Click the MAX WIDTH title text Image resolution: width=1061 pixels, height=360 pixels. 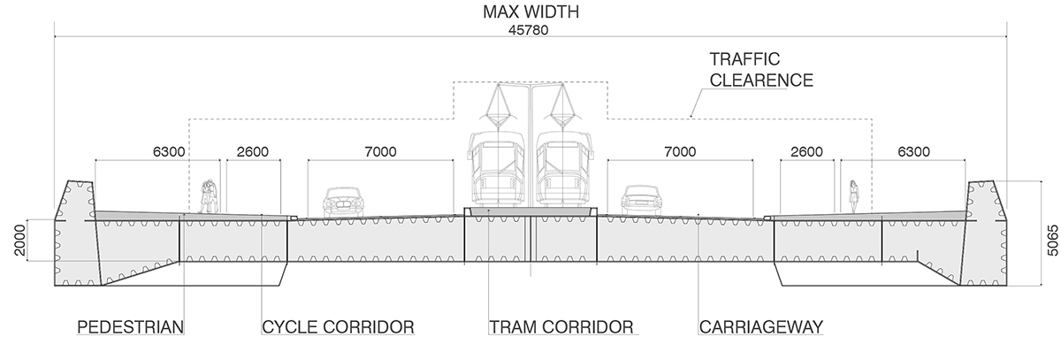click(530, 12)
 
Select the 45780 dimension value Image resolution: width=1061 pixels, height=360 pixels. click(530, 29)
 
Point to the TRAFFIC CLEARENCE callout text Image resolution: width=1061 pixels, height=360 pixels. click(761, 70)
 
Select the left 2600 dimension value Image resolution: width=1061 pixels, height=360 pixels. click(253, 151)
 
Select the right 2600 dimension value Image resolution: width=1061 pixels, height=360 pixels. click(807, 151)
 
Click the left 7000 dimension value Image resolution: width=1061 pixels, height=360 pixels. click(379, 151)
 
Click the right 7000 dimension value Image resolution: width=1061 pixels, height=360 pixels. click(680, 151)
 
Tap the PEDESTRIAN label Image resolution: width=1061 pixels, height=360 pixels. click(130, 327)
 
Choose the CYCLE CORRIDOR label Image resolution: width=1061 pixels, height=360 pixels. click(339, 327)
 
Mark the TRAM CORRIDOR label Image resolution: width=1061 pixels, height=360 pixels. click(561, 327)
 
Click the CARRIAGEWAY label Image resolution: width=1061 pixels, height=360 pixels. click(760, 327)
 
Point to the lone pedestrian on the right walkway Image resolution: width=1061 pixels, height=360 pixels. click(854, 196)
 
